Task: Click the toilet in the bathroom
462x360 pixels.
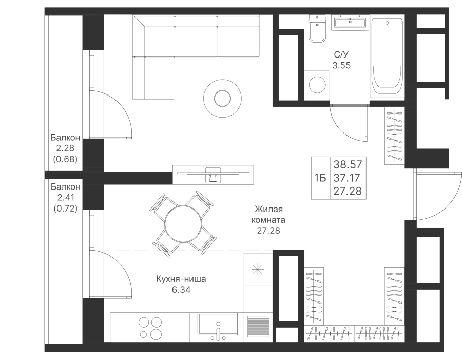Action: click(x=317, y=28)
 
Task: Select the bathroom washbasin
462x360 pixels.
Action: click(x=350, y=23)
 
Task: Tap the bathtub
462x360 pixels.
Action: click(x=387, y=58)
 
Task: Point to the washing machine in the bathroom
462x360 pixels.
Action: click(x=317, y=85)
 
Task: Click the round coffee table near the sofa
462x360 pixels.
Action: click(x=222, y=98)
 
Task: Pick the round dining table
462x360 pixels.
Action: click(x=183, y=224)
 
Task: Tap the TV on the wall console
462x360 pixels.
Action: click(x=213, y=174)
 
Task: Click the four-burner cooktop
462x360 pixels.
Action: click(x=150, y=327)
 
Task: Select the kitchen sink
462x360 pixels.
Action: click(x=218, y=326)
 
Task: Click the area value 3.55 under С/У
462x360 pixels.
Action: click(x=341, y=65)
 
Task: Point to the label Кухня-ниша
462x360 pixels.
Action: click(x=181, y=279)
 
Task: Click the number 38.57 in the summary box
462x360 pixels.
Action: click(x=348, y=164)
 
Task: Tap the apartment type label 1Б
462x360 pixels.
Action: click(x=320, y=178)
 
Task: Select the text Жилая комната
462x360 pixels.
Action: click(x=268, y=214)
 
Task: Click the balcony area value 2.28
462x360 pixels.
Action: click(x=65, y=148)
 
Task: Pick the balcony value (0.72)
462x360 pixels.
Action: click(x=65, y=209)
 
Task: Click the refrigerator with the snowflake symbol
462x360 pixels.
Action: click(x=258, y=269)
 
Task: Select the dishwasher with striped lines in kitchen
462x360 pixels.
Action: click(x=258, y=327)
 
